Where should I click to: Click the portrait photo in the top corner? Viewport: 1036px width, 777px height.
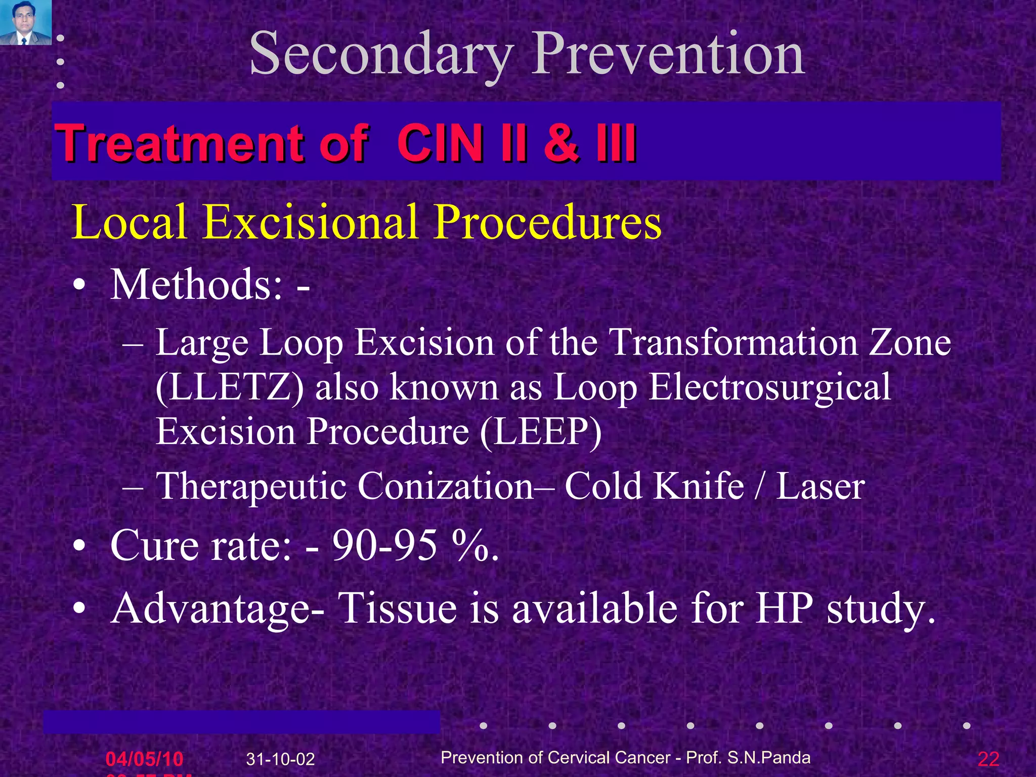(x=25, y=22)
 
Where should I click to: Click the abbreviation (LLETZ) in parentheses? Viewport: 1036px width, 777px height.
(x=230, y=387)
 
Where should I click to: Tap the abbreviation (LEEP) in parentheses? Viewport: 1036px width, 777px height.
(x=541, y=432)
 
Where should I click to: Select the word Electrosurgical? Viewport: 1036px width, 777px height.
(x=769, y=387)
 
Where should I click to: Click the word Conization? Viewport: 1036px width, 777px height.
(x=445, y=486)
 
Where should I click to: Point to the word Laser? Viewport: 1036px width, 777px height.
(x=820, y=486)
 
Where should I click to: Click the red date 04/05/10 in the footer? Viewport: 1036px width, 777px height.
(x=144, y=759)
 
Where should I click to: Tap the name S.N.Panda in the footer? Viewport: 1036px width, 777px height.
(x=768, y=758)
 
